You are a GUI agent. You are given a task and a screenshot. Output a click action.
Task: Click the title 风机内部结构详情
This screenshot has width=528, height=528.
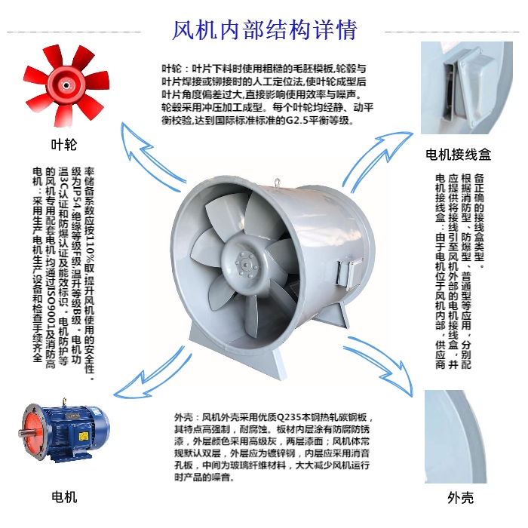tap(264, 30)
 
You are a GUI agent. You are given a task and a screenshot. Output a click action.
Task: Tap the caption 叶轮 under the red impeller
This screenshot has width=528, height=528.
tap(64, 145)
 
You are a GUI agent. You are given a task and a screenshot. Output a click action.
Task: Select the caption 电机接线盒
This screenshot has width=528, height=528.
tap(459, 155)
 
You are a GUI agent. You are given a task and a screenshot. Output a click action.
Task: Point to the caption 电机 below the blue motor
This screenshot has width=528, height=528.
tap(64, 497)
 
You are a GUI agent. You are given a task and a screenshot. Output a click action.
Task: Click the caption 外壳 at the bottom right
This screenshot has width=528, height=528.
tap(460, 497)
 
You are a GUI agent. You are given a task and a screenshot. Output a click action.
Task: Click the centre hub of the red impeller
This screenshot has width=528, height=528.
tap(66, 85)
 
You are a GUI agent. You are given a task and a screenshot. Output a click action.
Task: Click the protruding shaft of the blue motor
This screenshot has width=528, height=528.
tap(23, 433)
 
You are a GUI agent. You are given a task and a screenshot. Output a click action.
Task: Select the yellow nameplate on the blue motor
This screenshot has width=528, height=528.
tap(83, 437)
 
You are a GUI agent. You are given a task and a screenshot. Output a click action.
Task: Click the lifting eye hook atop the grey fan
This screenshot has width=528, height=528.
tap(277, 182)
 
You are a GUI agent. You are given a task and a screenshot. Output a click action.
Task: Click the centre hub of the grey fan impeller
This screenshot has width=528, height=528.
tap(248, 265)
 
